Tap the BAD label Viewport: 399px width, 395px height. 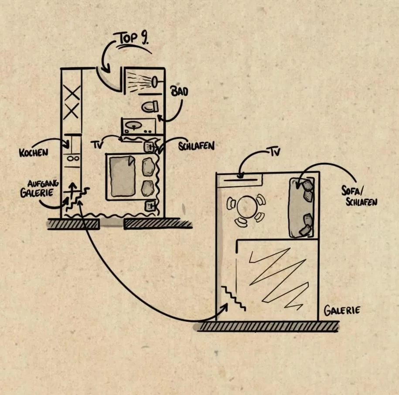[179, 92]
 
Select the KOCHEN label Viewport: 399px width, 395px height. [33, 153]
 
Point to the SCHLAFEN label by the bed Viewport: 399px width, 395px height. [196, 146]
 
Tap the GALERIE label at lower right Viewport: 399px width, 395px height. [342, 310]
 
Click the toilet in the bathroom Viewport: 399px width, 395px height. [150, 106]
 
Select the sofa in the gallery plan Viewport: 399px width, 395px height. [301, 207]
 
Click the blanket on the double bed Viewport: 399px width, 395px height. [122, 176]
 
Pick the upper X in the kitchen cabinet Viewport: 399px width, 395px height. [72, 93]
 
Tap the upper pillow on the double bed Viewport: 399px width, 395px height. [148, 167]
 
